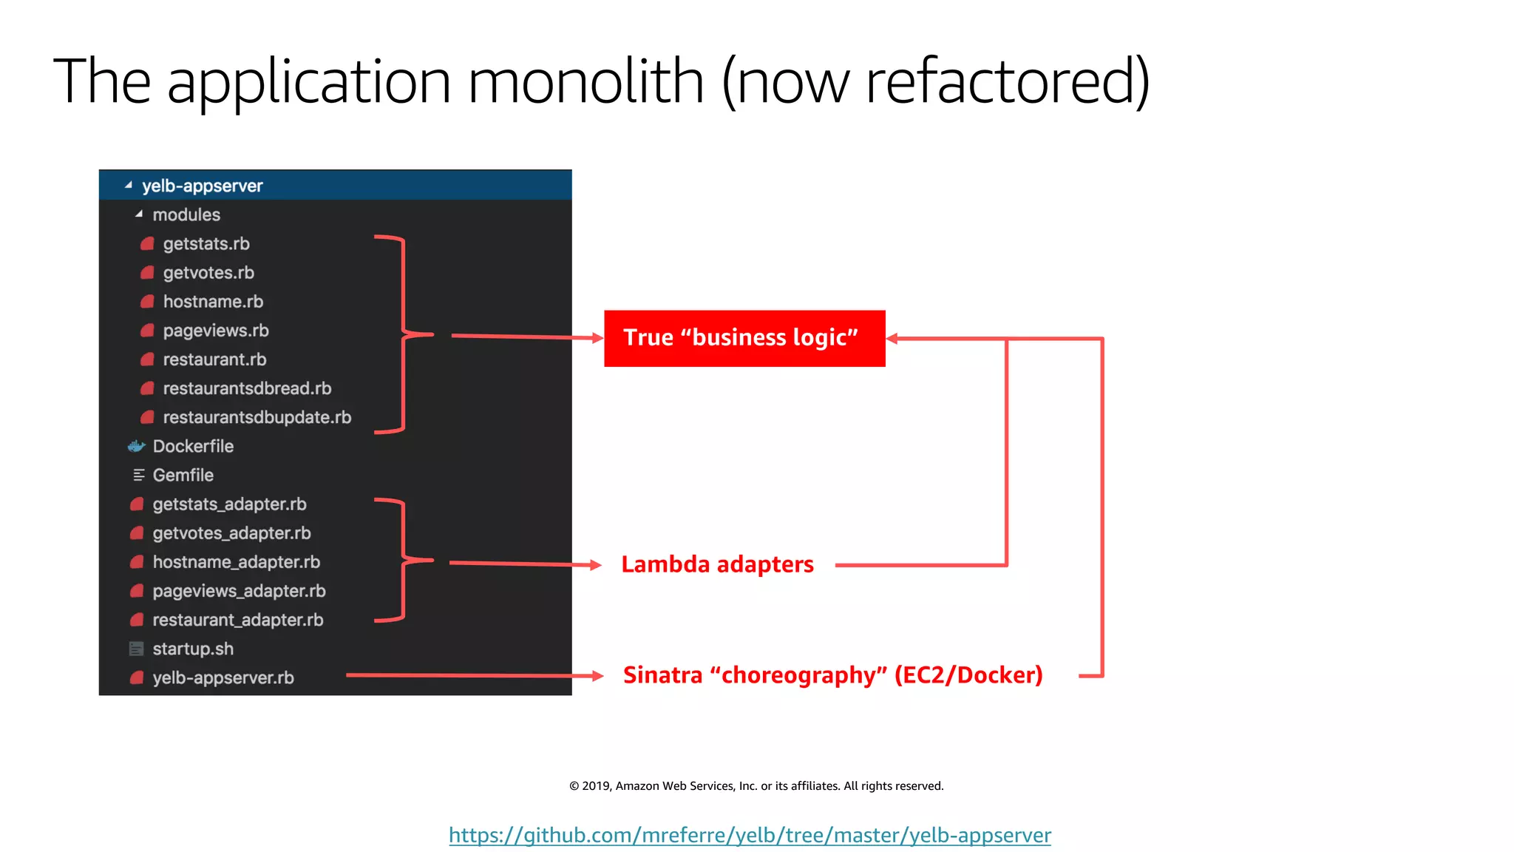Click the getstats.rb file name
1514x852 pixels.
(x=206, y=244)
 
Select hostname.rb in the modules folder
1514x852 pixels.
(x=213, y=302)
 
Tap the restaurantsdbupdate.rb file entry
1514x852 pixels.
(x=257, y=418)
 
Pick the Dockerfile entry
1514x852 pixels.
(x=193, y=447)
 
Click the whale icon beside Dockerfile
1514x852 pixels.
(x=137, y=447)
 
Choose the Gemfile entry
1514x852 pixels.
(x=183, y=476)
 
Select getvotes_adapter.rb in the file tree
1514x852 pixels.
(x=231, y=533)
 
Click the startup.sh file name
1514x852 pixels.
(x=193, y=649)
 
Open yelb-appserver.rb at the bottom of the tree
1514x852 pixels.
(x=223, y=678)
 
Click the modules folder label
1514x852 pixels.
(x=186, y=215)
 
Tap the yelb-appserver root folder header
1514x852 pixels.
(x=202, y=186)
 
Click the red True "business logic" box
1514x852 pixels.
(x=744, y=338)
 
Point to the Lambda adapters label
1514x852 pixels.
(x=717, y=565)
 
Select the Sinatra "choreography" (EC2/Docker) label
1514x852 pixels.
(x=832, y=675)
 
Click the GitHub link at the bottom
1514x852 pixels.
(x=750, y=836)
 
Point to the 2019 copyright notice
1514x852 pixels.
(x=756, y=786)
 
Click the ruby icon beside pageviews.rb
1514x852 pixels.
(x=147, y=331)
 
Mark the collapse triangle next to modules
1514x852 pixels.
(x=139, y=214)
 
